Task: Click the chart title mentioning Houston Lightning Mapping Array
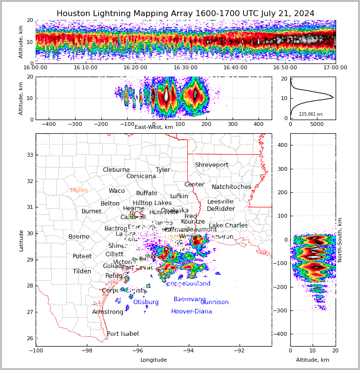pos(185,14)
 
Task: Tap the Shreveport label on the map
pos(211,165)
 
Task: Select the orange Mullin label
pos(79,190)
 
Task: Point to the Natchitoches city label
pos(231,187)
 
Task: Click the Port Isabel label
pos(122,334)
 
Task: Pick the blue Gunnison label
pos(214,302)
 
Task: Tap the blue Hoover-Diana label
pos(191,311)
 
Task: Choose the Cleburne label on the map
pos(116,170)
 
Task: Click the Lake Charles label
pos(228,226)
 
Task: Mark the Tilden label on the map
pos(82,271)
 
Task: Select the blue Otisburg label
pos(145,302)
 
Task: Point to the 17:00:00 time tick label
pos(335,68)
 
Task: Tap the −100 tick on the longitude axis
pos(36,350)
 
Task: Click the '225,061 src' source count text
pos(311,114)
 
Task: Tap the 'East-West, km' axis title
pos(154,127)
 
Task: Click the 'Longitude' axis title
pos(154,360)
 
